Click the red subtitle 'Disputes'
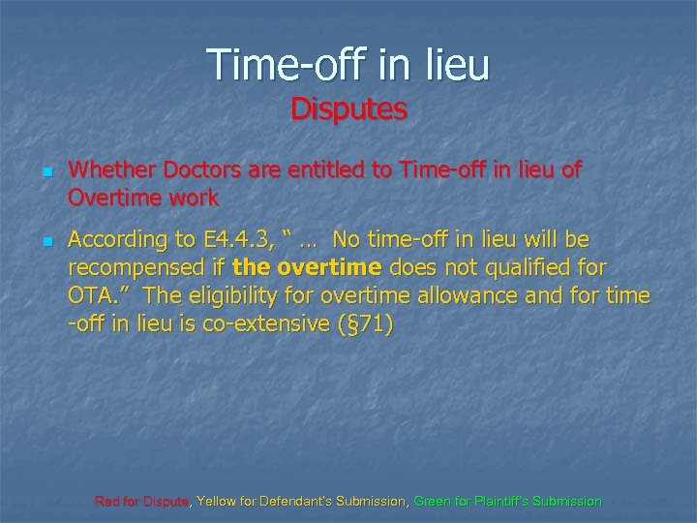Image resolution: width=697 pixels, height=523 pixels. point(348,108)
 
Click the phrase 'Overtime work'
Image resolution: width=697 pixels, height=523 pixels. point(144,200)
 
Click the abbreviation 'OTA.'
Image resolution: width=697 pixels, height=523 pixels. point(93,296)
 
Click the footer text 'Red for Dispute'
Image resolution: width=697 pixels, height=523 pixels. point(143,502)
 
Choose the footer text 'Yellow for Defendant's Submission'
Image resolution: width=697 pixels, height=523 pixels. point(301,502)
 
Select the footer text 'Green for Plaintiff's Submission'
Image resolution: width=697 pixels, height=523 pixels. point(507,502)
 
